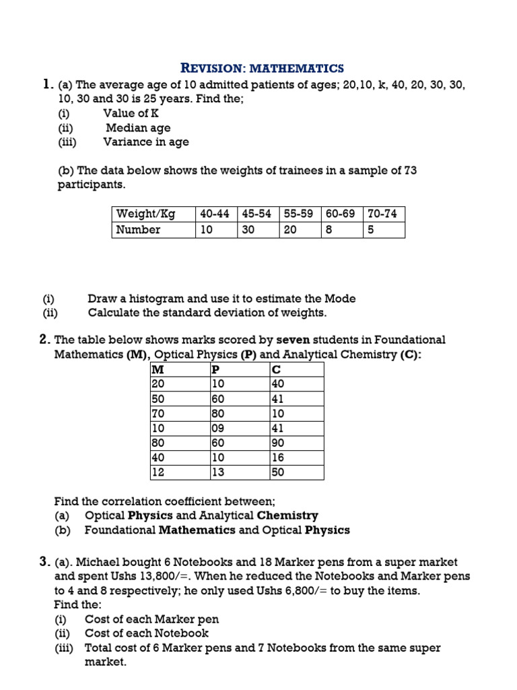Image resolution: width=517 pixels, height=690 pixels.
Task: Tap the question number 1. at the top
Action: click(x=47, y=85)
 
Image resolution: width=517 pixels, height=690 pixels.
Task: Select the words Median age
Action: click(x=138, y=128)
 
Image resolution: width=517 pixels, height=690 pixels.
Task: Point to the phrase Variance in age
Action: click(x=146, y=142)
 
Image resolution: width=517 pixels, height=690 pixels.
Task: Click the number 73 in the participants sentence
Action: click(x=409, y=170)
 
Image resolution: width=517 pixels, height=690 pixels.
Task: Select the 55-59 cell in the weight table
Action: click(x=298, y=214)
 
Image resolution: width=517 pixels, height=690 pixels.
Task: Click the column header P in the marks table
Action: click(x=216, y=369)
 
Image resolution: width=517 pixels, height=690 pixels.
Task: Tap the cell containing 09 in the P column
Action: click(x=218, y=428)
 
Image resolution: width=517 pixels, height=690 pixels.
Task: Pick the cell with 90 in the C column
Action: click(x=277, y=443)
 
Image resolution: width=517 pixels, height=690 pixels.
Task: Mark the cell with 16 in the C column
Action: click(x=277, y=458)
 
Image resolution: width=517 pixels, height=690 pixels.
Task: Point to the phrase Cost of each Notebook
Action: click(x=147, y=633)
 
